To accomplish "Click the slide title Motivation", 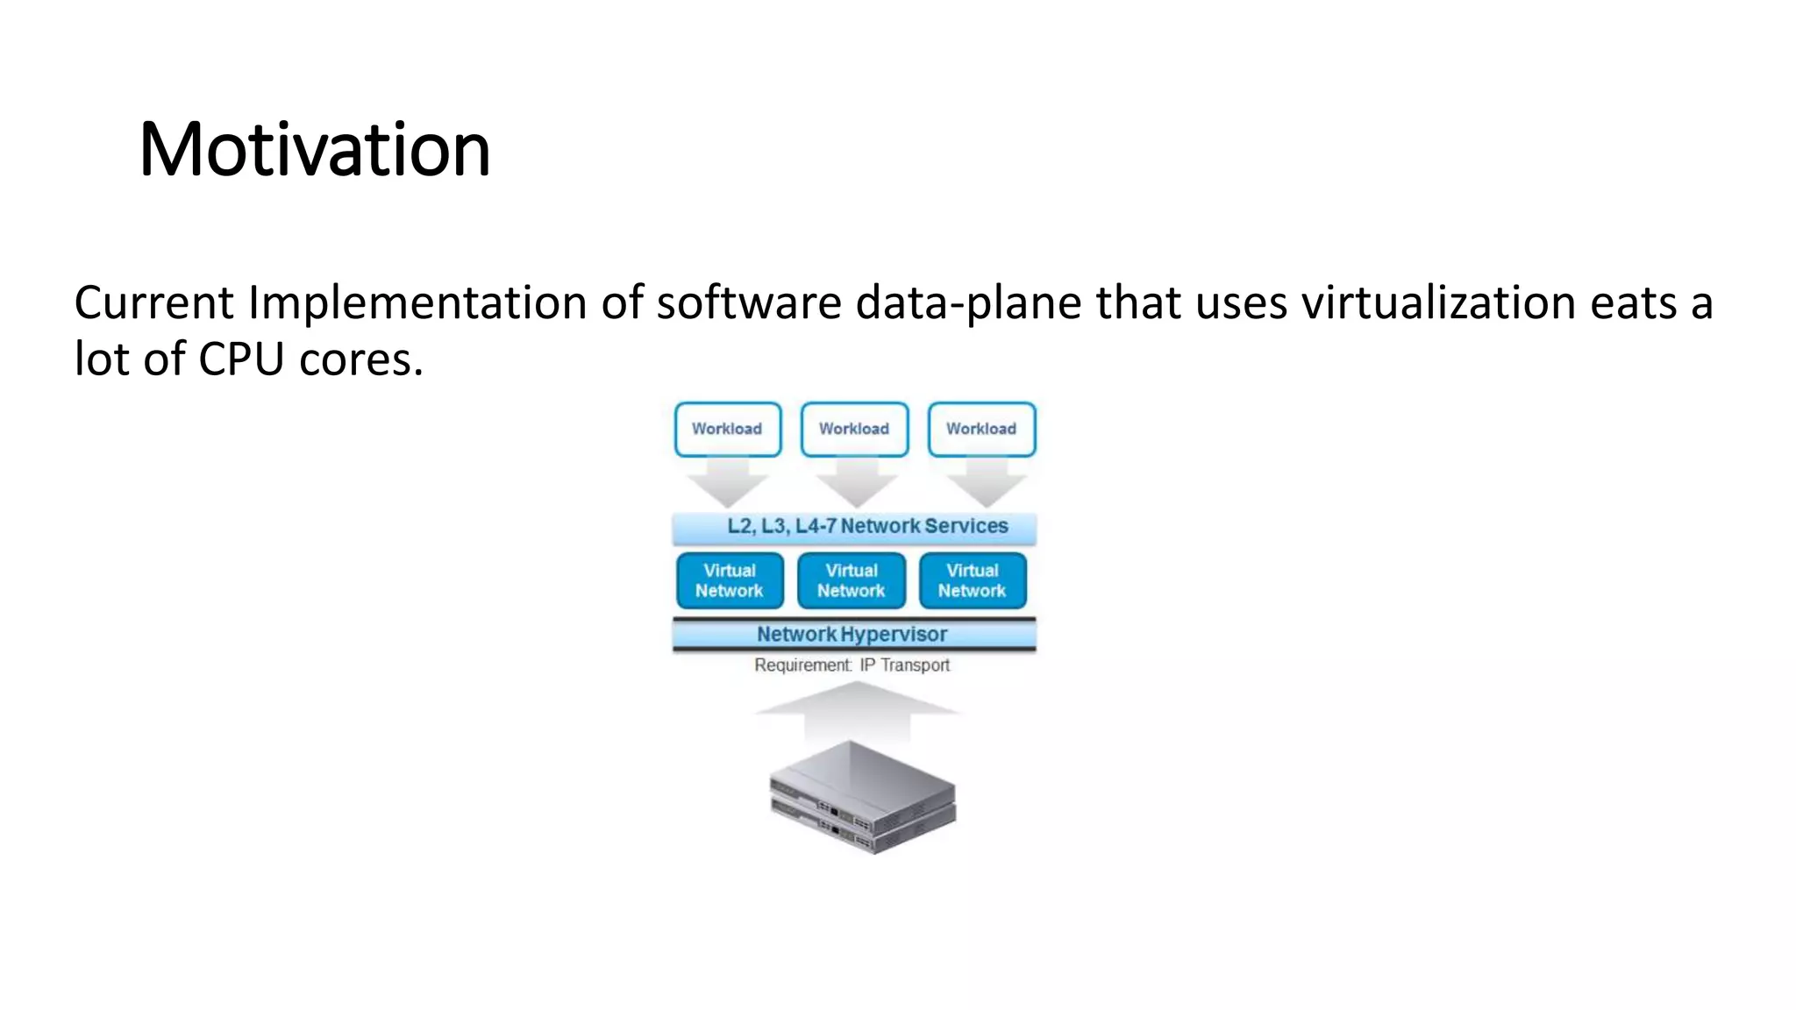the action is coord(314,149).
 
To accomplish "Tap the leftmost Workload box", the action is coord(727,429).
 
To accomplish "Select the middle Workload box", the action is coord(854,429).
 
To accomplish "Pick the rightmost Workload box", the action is coord(981,429).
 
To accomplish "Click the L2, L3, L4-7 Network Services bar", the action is coord(854,527).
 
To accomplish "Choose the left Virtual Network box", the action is coord(729,580).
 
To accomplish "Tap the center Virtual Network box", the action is coord(851,580).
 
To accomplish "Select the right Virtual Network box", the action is coord(972,580).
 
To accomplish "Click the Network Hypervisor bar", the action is coord(853,634).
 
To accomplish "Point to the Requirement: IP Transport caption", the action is coord(852,665).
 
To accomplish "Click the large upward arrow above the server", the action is coord(857,708).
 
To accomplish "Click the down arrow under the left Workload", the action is coord(727,484).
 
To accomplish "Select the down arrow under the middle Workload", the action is coord(856,484).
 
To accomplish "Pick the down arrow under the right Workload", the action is coord(986,484).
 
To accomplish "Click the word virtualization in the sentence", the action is coord(1439,303).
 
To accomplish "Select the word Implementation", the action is coord(417,303).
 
